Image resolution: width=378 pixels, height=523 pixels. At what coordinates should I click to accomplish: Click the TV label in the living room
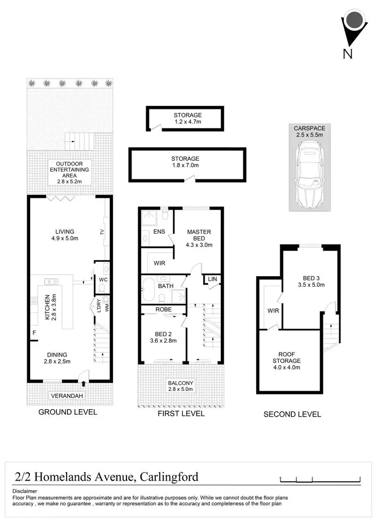tap(102, 232)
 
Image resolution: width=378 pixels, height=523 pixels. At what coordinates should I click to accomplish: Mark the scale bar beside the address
tap(320, 479)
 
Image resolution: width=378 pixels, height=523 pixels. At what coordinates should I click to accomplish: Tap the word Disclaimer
tap(25, 491)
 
